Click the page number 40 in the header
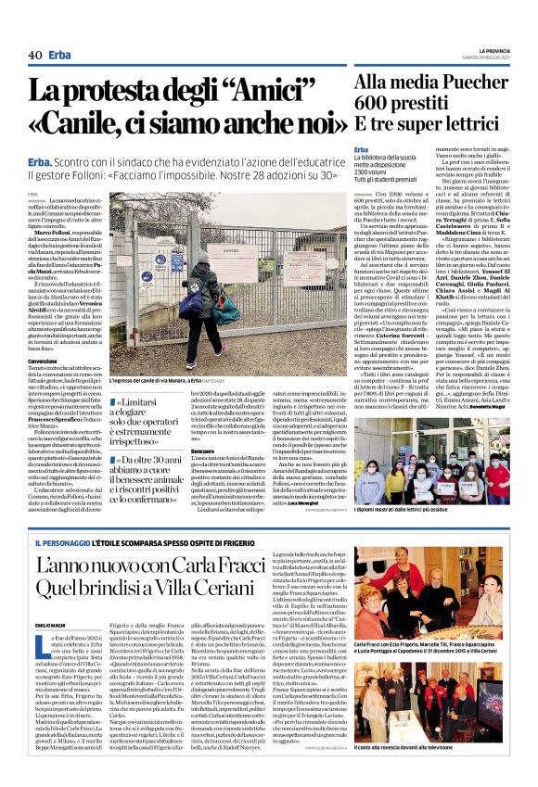tap(34, 56)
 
